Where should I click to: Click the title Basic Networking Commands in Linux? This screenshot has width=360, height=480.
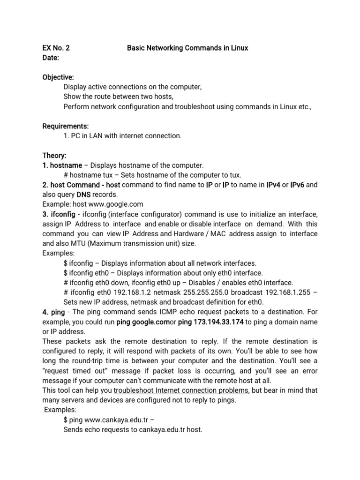click(x=187, y=48)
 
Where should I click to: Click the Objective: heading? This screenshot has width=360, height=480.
click(x=58, y=77)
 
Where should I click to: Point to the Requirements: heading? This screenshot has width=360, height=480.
click(x=66, y=126)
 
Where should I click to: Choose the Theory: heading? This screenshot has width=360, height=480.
click(x=54, y=155)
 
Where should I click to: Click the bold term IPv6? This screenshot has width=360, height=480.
click(x=298, y=185)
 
